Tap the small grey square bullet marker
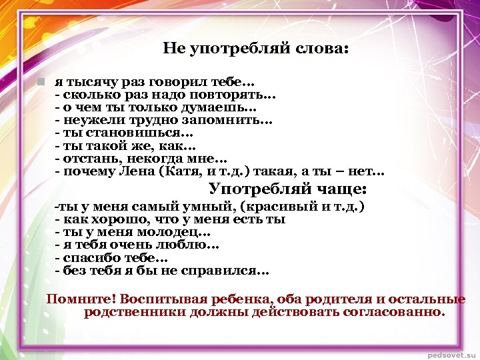(x=41, y=82)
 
